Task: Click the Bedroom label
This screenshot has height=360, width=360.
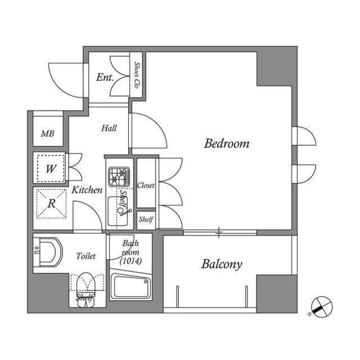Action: click(x=226, y=143)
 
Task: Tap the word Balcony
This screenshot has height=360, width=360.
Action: click(x=222, y=264)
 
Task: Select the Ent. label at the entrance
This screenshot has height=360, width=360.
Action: click(x=105, y=77)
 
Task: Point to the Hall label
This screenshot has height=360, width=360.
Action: click(x=109, y=128)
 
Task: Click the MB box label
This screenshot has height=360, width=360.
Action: click(x=48, y=134)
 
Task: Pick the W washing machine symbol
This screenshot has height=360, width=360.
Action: click(x=51, y=168)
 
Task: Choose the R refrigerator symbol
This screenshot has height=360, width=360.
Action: click(x=51, y=202)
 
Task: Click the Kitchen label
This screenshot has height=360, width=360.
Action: click(x=87, y=190)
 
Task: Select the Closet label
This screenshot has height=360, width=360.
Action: click(x=146, y=185)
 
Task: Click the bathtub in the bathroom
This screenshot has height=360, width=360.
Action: click(x=130, y=286)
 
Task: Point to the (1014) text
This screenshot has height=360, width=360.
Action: click(x=130, y=260)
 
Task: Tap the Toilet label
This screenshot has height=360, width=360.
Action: click(x=86, y=256)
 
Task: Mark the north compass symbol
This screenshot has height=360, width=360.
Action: click(x=322, y=307)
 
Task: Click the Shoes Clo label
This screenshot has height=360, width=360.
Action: click(x=137, y=74)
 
